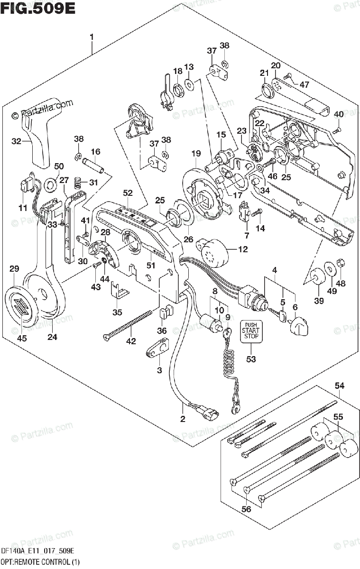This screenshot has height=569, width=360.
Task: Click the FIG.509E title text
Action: tap(38, 8)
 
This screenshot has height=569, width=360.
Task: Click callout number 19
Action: tap(196, 153)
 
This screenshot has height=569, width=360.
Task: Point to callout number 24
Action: tap(52, 337)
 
